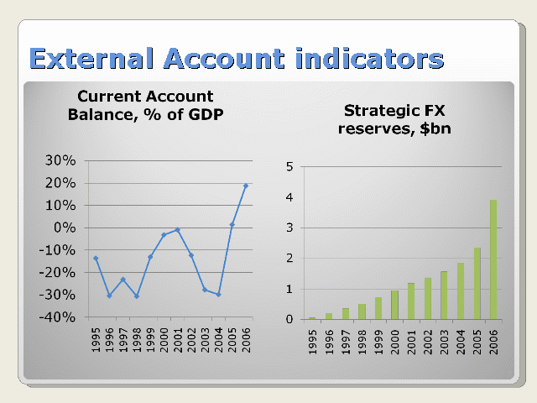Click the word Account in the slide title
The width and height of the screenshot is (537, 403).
224,58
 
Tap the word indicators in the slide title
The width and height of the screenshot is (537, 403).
369,58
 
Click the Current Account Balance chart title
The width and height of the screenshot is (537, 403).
145,105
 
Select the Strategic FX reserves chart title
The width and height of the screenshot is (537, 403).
394,119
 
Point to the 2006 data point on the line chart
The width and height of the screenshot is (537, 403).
246,186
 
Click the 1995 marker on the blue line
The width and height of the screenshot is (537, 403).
96,259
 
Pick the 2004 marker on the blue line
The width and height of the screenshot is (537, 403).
218,295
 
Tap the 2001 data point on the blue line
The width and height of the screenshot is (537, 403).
177,229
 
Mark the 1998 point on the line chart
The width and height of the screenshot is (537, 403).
137,296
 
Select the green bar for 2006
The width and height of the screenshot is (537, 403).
493,259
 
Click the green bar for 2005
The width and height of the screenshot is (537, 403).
477,284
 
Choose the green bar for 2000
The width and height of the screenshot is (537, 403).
394,305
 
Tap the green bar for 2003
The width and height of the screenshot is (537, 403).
444,296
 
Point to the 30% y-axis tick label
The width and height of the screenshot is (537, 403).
60,160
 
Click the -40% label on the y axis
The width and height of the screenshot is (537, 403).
57,317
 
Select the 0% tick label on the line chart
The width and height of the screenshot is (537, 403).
65,228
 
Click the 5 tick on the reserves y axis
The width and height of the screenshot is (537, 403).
289,167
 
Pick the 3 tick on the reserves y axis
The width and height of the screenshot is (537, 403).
289,228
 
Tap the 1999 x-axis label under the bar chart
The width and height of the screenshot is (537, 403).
378,342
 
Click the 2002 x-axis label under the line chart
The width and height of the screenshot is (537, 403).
191,340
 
